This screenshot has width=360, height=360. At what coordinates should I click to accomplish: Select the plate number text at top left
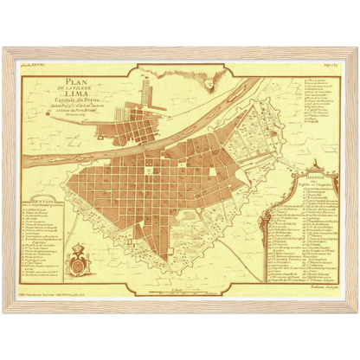(x=35, y=64)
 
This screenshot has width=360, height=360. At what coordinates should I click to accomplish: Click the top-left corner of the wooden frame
(x=4, y=46)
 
